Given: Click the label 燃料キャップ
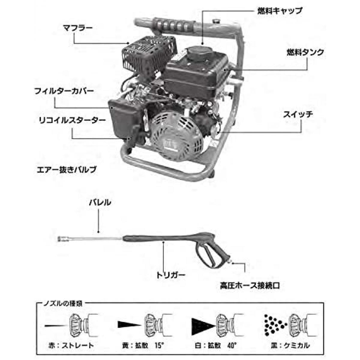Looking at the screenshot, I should coord(280,11).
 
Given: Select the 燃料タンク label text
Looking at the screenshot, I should coord(304,52).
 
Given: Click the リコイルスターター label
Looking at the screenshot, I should coord(72,121).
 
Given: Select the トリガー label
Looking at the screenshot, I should coord(171,274).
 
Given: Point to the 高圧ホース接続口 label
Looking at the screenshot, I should coord(250,285).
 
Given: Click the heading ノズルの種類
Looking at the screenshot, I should coord(62,303).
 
